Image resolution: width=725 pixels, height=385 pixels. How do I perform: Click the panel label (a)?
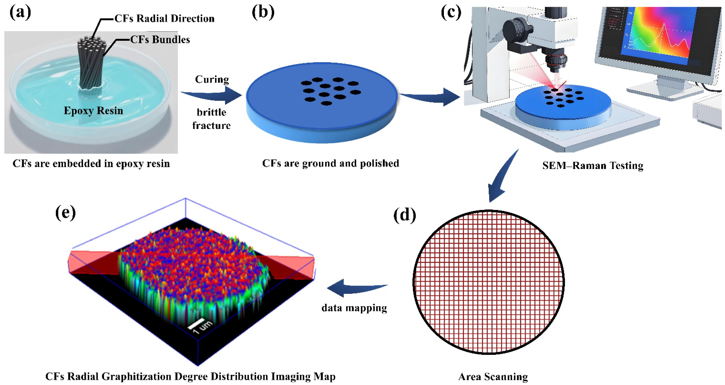pyautogui.click(x=20, y=13)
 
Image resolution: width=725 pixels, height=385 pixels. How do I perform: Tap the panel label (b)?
pyautogui.click(x=263, y=13)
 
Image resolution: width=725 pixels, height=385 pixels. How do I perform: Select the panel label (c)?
pyautogui.click(x=451, y=13)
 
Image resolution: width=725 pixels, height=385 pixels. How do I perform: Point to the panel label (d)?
pyautogui.click(x=404, y=215)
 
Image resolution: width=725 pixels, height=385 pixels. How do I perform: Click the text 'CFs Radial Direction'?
pyautogui.click(x=164, y=19)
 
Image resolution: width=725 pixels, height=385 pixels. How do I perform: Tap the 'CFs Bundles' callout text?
pyautogui.click(x=160, y=40)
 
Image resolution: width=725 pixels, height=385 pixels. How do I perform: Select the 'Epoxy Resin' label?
pyautogui.click(x=93, y=111)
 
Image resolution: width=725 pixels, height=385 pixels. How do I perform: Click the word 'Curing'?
pyautogui.click(x=212, y=79)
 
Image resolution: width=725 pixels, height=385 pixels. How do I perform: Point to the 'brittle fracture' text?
pyautogui.click(x=211, y=119)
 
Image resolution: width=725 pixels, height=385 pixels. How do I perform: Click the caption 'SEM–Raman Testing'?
pyautogui.click(x=593, y=165)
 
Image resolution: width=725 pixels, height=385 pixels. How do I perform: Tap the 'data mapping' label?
pyautogui.click(x=354, y=308)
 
